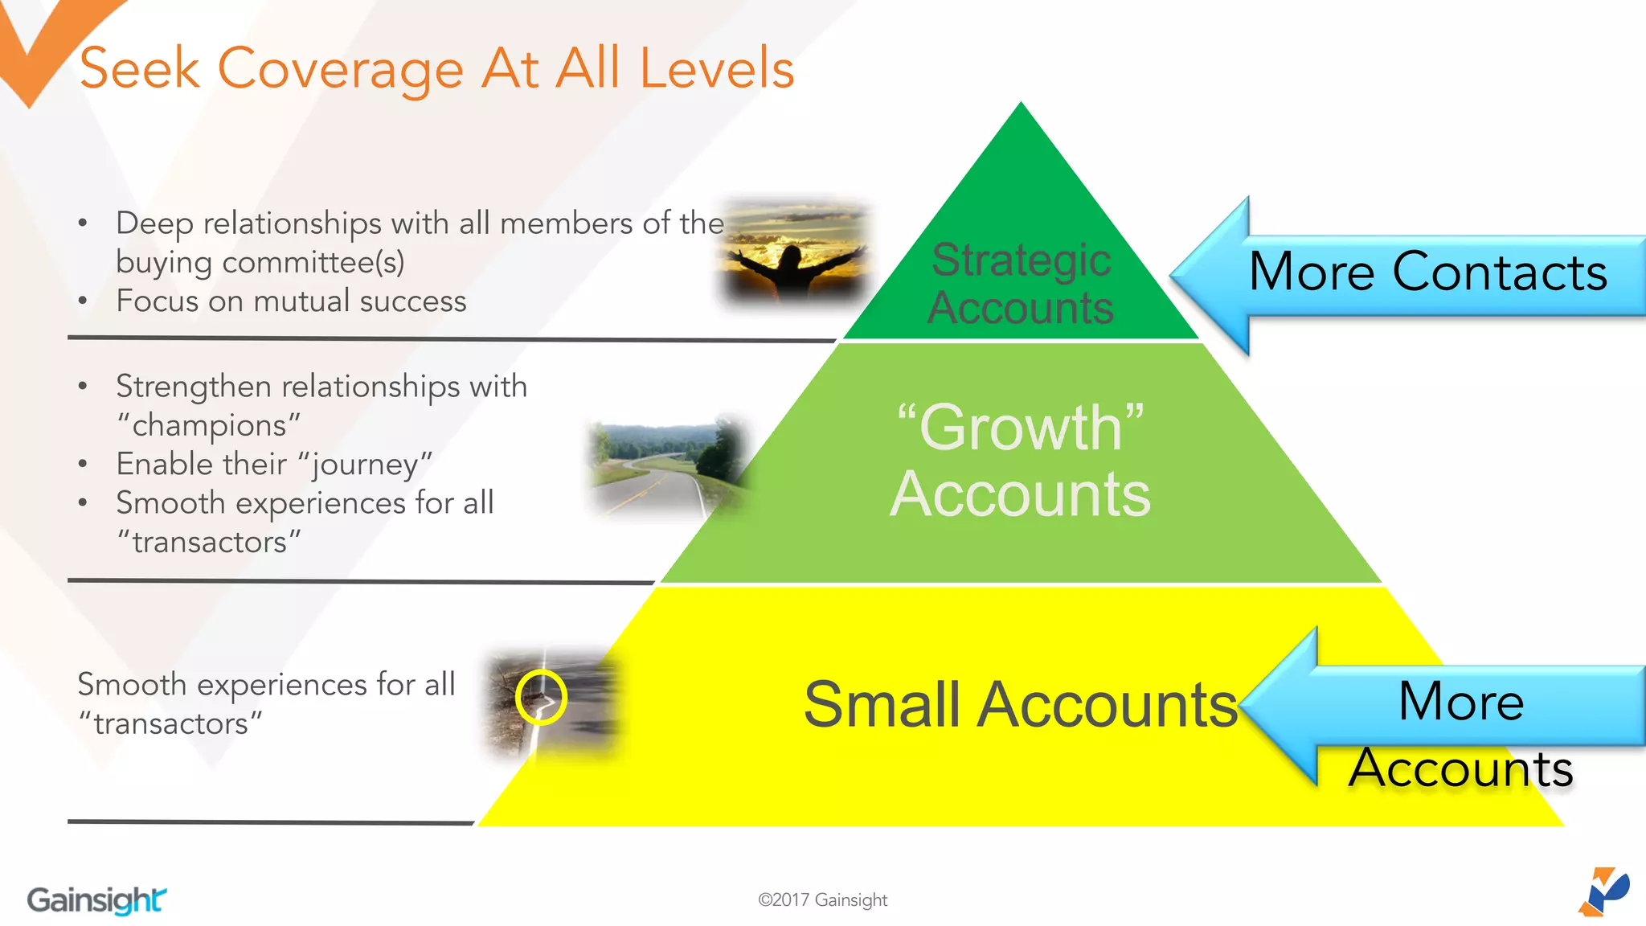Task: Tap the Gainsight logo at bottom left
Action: pyautogui.click(x=96, y=899)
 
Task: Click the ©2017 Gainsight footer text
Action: pyautogui.click(x=822, y=899)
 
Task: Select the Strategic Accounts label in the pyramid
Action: pyautogui.click(x=1021, y=284)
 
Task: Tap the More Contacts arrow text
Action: pyautogui.click(x=1427, y=272)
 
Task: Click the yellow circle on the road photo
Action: pyautogui.click(x=541, y=697)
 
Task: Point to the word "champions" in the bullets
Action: pyautogui.click(x=209, y=425)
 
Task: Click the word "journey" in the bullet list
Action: pyautogui.click(x=365, y=465)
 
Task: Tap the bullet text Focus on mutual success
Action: pyautogui.click(x=291, y=301)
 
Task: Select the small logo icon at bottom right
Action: pyautogui.click(x=1604, y=891)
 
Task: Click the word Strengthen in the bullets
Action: pyautogui.click(x=193, y=387)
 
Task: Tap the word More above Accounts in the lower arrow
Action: pyautogui.click(x=1460, y=701)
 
